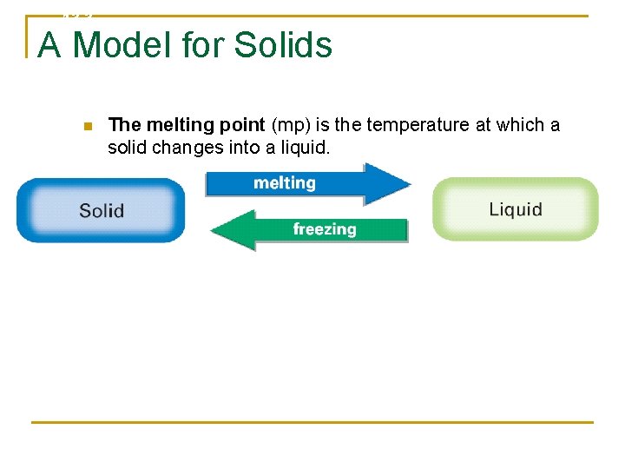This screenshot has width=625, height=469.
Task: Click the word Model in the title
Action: pyautogui.click(x=122, y=44)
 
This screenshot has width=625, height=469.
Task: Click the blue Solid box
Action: pyautogui.click(x=101, y=210)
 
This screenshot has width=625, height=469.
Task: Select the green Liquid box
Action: pyautogui.click(x=516, y=209)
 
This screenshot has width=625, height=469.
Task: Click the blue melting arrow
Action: pyautogui.click(x=304, y=183)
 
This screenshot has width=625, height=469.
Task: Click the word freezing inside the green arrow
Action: pyautogui.click(x=325, y=230)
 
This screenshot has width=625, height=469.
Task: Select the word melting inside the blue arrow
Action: pyautogui.click(x=284, y=183)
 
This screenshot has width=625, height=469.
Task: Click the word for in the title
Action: pyautogui.click(x=205, y=44)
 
